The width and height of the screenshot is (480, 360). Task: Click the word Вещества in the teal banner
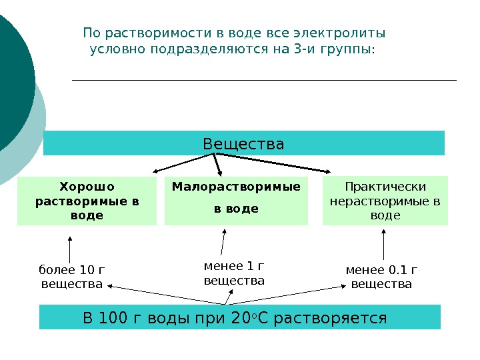[243, 144]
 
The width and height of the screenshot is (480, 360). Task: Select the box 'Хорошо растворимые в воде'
[87, 201]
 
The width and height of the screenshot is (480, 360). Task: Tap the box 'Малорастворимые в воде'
[236, 201]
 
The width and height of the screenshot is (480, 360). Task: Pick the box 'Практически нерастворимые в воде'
[385, 201]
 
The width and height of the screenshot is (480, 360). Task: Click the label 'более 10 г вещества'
[72, 277]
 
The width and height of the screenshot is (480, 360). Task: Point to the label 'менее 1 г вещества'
[234, 274]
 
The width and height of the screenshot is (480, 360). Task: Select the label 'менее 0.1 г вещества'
[381, 277]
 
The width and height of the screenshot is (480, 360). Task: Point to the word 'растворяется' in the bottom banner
[331, 318]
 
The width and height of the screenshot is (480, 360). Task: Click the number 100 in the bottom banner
[113, 318]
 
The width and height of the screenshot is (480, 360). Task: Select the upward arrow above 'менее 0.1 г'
[384, 245]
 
